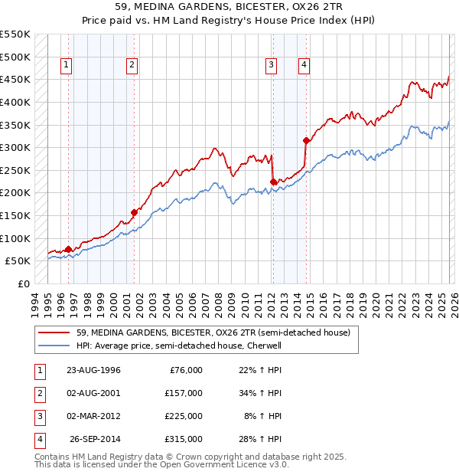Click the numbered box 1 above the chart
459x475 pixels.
click(x=67, y=66)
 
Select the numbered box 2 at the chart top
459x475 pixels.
click(x=132, y=66)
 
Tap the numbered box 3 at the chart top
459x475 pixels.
click(x=271, y=66)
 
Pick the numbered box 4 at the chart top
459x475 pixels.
click(x=304, y=66)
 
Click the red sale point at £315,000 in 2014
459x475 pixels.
click(x=306, y=140)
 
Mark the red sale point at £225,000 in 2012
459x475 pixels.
click(x=273, y=182)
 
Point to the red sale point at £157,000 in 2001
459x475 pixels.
click(x=134, y=212)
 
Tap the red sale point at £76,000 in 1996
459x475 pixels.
click(x=69, y=249)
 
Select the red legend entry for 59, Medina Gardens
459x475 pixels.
click(x=213, y=332)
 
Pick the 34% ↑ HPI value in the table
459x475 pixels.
click(x=262, y=393)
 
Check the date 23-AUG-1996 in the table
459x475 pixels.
click(x=93, y=370)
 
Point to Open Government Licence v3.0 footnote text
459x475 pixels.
click(x=222, y=464)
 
